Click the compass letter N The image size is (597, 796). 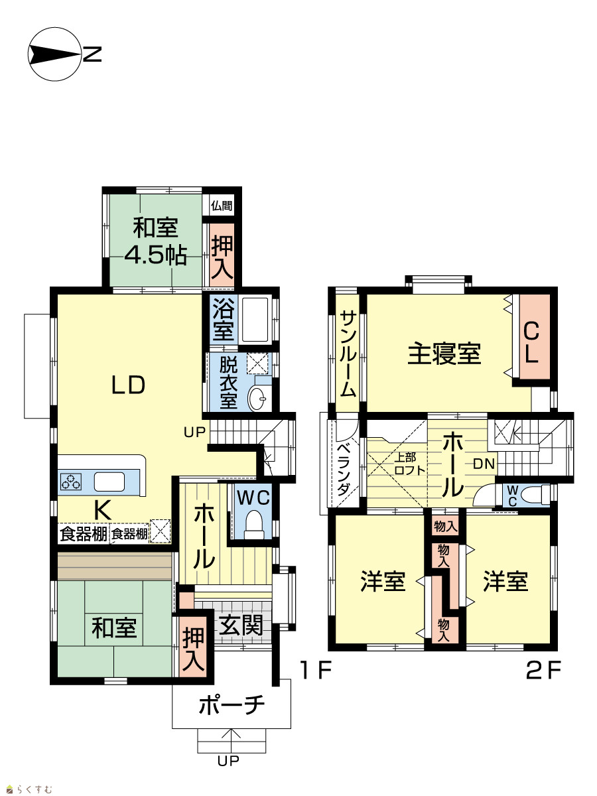coord(92,54)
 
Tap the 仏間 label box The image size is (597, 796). coord(222,206)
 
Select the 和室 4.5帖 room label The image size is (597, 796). coord(155,241)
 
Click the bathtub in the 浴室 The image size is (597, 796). coord(255,320)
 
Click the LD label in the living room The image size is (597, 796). coord(128,385)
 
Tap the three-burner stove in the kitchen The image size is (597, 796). coord(71,482)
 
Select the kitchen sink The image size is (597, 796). coord(109,482)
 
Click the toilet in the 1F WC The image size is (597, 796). coord(254,525)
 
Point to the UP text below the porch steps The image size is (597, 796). coord(228,760)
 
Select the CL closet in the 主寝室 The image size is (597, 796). coord(535,336)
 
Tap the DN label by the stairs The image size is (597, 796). coord(484,464)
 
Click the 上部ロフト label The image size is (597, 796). coord(409,464)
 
